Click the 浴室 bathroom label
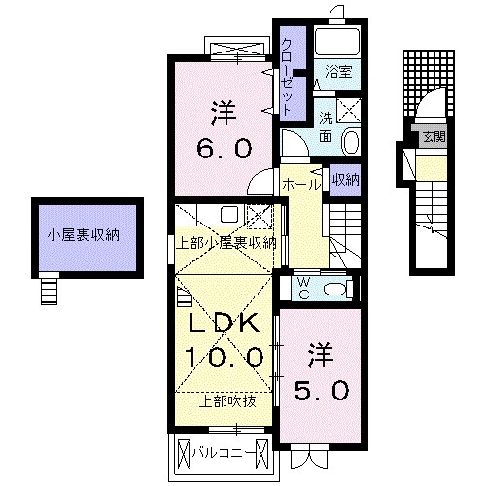click(338, 72)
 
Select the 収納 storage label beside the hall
click(345, 179)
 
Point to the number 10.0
click(225, 358)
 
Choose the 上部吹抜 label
click(228, 400)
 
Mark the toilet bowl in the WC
click(334, 288)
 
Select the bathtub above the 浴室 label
click(338, 41)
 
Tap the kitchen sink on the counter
click(228, 216)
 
